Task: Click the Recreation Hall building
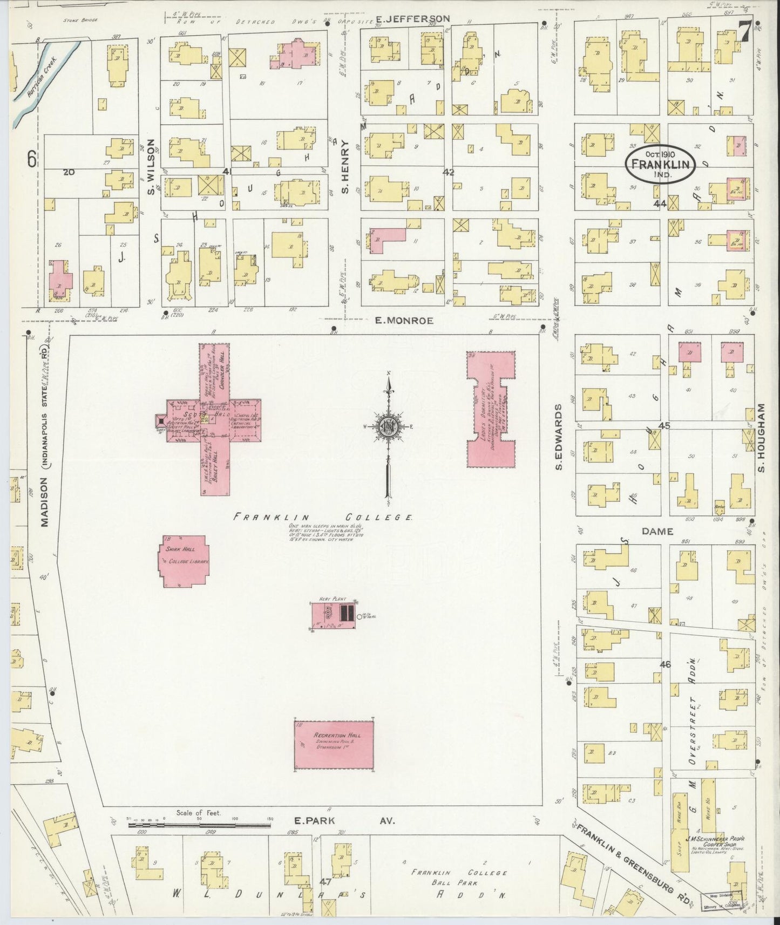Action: pyautogui.click(x=334, y=745)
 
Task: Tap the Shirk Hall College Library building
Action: pyautogui.click(x=183, y=562)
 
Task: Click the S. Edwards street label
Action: pyautogui.click(x=560, y=436)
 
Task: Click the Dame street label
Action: pyautogui.click(x=657, y=532)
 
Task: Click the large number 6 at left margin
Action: pyautogui.click(x=32, y=159)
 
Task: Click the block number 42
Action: pyautogui.click(x=448, y=173)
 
